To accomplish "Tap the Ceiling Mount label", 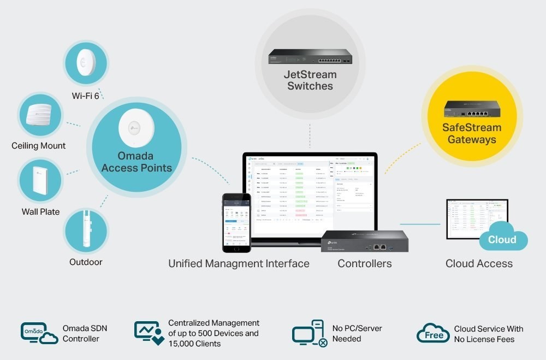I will pos(38,146).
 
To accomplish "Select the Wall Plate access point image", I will pos(40,179).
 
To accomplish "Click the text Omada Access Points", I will pos(136,162).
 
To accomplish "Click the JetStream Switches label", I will pos(310,80).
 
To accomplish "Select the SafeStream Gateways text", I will pos(472,134).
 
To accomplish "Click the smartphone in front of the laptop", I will pos(236,222).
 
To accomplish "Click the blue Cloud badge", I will pos(502,239).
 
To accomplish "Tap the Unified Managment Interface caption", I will pos(239,264).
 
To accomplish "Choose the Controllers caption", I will pos(364,264).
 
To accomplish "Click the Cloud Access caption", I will pos(479,264).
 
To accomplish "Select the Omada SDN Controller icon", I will pos(39,333).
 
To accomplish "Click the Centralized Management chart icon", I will pos(149,333).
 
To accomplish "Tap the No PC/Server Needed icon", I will pos(309,333).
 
